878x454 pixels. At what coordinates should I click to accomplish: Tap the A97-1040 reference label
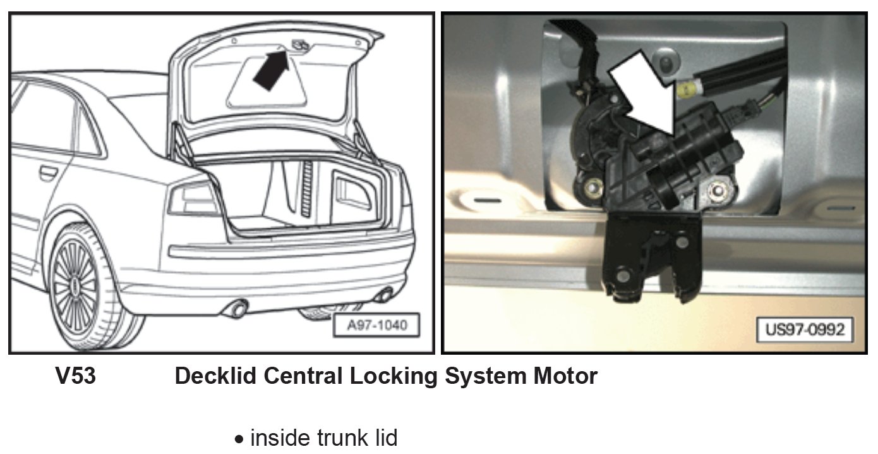[x=377, y=326]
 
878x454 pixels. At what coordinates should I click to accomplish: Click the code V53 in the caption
[x=76, y=376]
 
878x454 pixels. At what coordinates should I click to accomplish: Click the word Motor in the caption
[x=565, y=376]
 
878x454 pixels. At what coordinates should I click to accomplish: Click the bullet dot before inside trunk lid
[x=239, y=439]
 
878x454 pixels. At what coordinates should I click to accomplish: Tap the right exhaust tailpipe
[x=382, y=295]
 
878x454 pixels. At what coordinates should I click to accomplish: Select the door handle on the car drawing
[x=47, y=171]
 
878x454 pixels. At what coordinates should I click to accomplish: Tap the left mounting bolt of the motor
[x=593, y=187]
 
